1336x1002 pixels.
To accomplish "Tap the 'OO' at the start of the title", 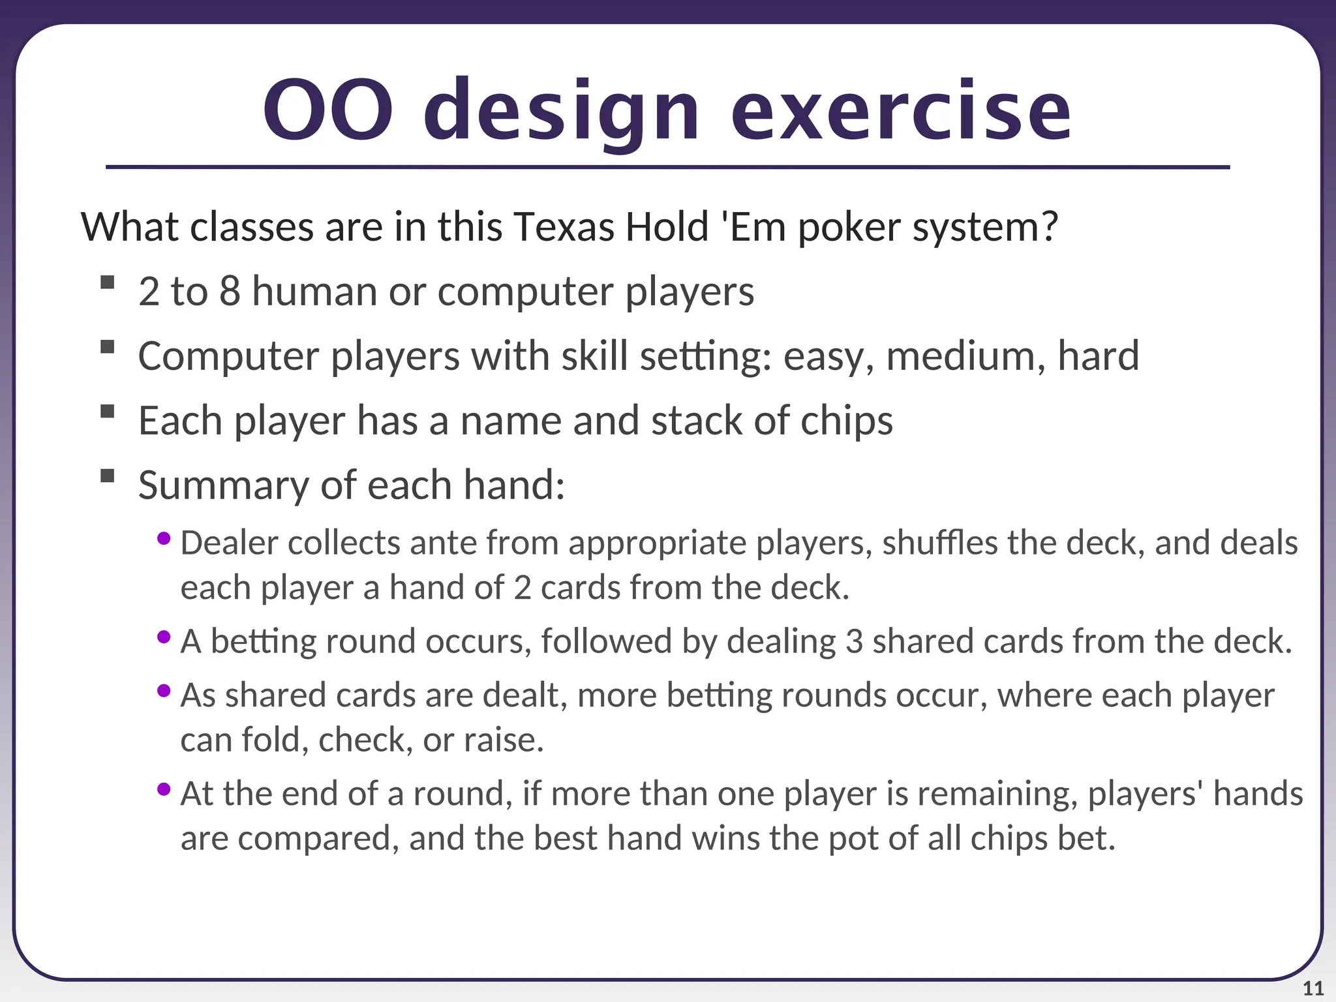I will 328,111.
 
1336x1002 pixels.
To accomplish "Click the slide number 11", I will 1313,988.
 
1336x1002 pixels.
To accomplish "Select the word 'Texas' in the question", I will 564,228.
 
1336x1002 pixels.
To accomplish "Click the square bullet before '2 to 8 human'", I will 108,282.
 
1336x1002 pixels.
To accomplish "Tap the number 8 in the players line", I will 229,292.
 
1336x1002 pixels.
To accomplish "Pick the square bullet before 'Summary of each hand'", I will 108,476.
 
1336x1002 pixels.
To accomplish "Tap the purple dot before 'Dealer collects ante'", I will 164,539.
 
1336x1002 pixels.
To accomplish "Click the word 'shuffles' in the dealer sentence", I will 939,543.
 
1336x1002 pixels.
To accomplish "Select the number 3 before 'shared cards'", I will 854,642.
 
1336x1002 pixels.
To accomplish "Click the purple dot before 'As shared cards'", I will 164,690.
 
